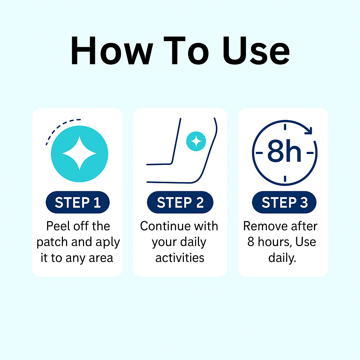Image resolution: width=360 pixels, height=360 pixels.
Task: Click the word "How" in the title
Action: coord(111,50)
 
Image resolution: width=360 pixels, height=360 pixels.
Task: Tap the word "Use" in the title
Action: coord(256,51)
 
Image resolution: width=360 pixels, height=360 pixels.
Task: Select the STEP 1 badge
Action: coord(78,202)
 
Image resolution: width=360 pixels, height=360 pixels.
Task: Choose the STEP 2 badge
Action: coord(180,202)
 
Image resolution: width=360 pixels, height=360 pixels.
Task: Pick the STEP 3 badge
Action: coord(284,202)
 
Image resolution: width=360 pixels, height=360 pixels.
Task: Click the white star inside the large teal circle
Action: coord(79,153)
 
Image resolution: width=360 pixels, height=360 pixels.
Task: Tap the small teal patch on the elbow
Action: coord(196,141)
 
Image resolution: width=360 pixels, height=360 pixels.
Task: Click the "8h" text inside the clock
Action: coord(284,151)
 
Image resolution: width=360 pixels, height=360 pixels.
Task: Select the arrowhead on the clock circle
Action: coord(309,130)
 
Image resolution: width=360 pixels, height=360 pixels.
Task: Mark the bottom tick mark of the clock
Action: coord(285,178)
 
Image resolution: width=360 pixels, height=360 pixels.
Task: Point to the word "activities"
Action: coord(180,258)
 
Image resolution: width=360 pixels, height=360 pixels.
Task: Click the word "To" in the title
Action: coord(186,51)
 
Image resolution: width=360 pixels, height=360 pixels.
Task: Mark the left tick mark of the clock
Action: coord(259,153)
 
